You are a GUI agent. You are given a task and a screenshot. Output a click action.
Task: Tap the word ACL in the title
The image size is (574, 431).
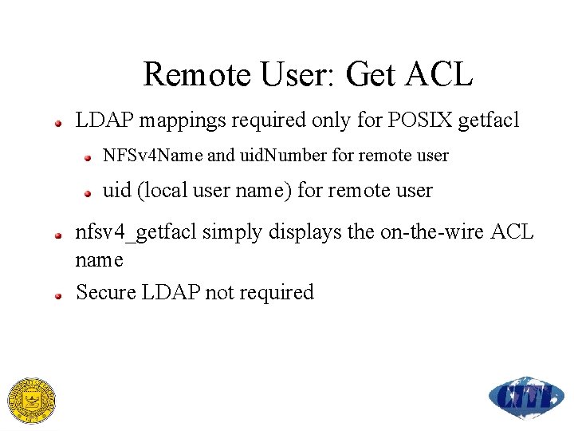click(439, 74)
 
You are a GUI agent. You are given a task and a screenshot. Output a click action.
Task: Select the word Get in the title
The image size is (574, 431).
click(372, 74)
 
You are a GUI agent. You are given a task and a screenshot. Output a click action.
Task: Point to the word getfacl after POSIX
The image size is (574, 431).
click(488, 121)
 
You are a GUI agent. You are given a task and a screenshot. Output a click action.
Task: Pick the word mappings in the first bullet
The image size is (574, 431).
click(174, 121)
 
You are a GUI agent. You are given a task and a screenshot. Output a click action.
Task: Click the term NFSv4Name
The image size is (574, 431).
click(152, 156)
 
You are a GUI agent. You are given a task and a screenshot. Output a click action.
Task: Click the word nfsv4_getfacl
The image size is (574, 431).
click(136, 233)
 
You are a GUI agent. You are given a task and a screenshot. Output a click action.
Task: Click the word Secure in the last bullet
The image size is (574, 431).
click(106, 292)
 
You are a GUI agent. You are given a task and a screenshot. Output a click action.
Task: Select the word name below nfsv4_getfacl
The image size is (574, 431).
click(100, 260)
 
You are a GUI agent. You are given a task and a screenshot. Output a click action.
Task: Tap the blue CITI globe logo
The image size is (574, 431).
click(526, 397)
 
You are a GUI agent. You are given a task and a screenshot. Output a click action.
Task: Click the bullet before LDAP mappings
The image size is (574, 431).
click(58, 123)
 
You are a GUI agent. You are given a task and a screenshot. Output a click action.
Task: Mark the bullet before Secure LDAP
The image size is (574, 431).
click(58, 295)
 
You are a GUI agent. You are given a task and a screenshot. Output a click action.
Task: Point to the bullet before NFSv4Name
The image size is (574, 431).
click(90, 157)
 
